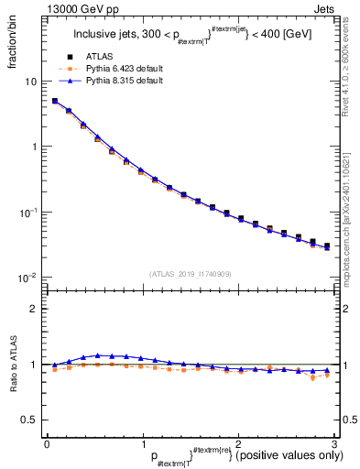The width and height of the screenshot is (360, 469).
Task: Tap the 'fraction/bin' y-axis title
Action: point(13,52)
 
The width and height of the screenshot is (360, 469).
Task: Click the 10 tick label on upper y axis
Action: point(30,82)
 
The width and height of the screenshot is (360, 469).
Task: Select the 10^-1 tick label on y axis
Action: point(27,213)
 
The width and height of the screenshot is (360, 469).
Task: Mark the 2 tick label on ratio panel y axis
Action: point(34,309)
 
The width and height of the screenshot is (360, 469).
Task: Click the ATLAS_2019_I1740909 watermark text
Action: point(191,273)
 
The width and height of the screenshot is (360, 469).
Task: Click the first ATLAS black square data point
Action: point(55,102)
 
